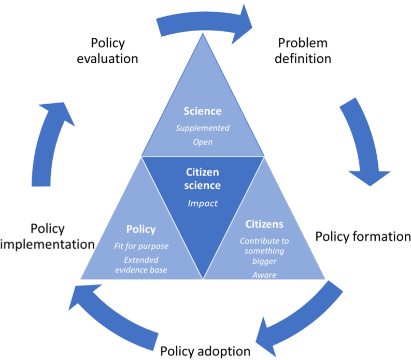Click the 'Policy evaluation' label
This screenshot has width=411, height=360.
107,51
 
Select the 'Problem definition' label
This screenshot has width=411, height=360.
303,51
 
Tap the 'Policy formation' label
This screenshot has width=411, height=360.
363,237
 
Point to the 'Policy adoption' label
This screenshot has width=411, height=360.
205,351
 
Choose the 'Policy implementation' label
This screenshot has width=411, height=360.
48,236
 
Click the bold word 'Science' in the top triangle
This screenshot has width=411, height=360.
203,111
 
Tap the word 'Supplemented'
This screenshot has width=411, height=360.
203,128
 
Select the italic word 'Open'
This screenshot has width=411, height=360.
203,142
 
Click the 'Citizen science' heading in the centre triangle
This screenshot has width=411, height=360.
202,179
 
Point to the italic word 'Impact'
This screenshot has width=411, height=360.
203,204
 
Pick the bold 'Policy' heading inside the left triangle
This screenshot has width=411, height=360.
141,229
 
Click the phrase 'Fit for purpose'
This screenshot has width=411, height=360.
141,246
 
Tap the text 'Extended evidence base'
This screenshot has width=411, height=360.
141,265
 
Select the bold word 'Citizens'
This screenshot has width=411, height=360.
264,224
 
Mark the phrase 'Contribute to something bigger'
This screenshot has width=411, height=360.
264,251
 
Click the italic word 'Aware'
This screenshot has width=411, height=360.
264,275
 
